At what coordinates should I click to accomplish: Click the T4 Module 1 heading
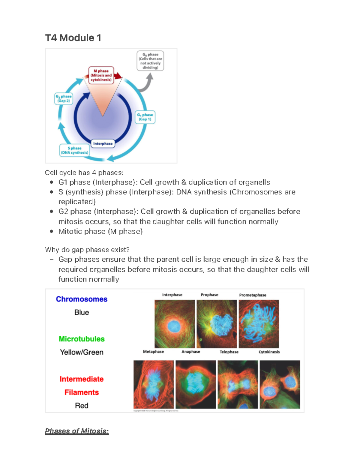(x=73, y=38)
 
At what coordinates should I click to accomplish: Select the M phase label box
(x=101, y=75)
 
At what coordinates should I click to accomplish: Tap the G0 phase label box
(x=150, y=61)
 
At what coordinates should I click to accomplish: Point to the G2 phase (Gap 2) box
(x=64, y=99)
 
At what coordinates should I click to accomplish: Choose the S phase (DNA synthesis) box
(x=74, y=150)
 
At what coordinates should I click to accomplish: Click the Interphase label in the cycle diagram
(x=103, y=144)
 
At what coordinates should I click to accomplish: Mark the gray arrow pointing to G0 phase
(x=147, y=84)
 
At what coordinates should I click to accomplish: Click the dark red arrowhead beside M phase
(x=118, y=76)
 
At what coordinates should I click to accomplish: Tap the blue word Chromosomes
(x=82, y=299)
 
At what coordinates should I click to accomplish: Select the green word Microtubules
(x=82, y=339)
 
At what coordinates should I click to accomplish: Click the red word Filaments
(x=82, y=392)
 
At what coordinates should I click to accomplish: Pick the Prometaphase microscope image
(x=259, y=324)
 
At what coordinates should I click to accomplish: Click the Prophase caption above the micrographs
(x=209, y=295)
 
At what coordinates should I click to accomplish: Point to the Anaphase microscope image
(x=196, y=384)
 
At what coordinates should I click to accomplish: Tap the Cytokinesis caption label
(x=269, y=352)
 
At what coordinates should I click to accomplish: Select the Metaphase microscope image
(x=154, y=384)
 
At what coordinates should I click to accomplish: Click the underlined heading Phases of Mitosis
(x=77, y=431)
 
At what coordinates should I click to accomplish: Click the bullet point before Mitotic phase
(x=52, y=231)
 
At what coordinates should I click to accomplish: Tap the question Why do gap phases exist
(x=87, y=250)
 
